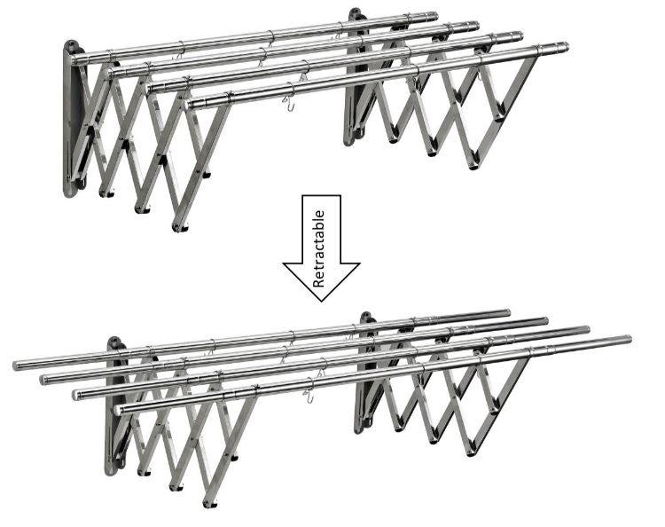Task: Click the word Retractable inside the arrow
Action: [319, 249]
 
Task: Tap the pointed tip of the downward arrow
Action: [322, 302]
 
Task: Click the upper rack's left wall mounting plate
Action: [71, 119]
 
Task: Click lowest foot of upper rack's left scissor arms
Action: [179, 226]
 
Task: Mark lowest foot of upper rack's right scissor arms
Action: [473, 166]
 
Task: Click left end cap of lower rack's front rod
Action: [120, 410]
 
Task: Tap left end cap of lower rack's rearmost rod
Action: [17, 366]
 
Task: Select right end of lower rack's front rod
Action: [629, 340]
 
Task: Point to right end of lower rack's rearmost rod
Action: [508, 313]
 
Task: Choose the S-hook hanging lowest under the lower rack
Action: [309, 396]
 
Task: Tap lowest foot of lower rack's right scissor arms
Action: [470, 452]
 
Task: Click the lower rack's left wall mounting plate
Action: [113, 407]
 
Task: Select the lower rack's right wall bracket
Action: [365, 374]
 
